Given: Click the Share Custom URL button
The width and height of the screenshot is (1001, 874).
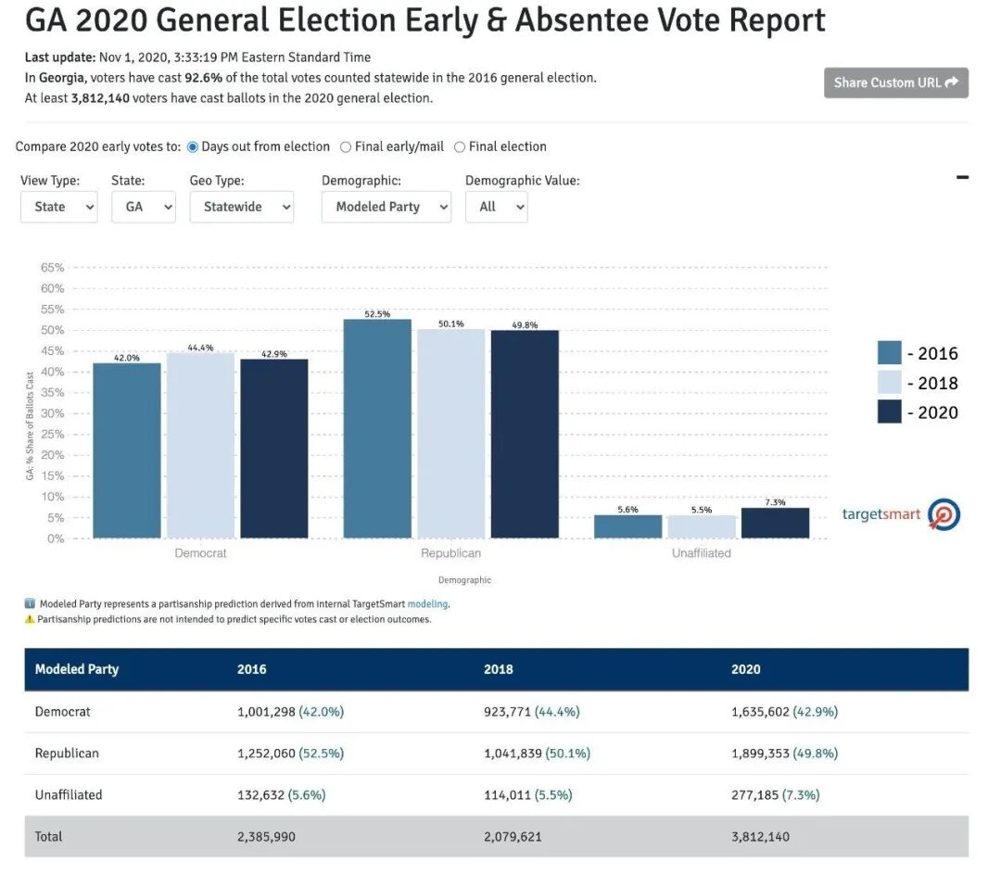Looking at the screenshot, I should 895,82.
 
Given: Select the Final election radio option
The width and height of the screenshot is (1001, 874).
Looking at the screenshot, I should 460,146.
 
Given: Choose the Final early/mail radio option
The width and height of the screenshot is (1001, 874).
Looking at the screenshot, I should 346,146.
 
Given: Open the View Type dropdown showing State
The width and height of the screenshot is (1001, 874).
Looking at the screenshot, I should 58,207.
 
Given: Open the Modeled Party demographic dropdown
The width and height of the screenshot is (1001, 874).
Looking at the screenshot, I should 386,207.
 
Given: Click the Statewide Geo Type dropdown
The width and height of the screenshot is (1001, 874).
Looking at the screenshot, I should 241,207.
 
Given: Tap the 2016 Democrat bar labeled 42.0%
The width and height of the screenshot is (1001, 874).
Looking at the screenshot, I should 127,450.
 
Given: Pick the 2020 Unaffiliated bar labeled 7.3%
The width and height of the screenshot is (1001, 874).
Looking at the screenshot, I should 775,523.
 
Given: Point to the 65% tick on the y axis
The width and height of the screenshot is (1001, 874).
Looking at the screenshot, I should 53,268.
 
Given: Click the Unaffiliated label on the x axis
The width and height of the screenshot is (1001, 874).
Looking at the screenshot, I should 702,553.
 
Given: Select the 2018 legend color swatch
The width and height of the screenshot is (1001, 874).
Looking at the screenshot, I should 889,383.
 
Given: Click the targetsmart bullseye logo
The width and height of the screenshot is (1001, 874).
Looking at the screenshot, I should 944,514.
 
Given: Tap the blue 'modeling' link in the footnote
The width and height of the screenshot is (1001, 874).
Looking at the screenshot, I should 427,604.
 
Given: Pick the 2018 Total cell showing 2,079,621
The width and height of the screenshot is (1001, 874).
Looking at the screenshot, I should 513,836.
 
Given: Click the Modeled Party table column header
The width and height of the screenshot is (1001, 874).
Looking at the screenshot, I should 77,669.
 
